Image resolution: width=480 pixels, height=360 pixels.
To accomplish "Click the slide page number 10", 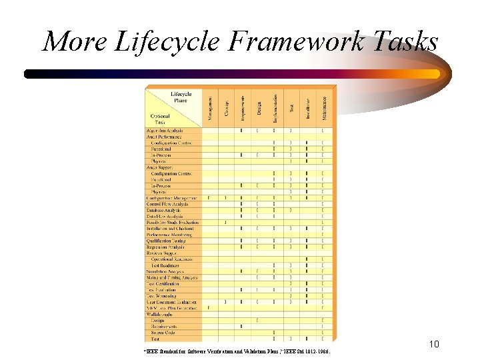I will click(433, 345).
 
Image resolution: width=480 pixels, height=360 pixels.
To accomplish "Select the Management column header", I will click(210, 107).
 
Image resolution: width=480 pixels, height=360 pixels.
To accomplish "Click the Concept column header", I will click(226, 107).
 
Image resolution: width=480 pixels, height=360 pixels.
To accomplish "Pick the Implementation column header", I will click(275, 107).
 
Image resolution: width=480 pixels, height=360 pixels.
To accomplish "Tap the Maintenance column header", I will click(324, 107).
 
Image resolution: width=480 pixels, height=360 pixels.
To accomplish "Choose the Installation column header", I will click(307, 107).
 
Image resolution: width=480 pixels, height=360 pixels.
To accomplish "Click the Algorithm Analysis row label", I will click(165, 131).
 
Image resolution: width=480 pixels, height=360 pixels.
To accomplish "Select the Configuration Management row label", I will click(171, 198).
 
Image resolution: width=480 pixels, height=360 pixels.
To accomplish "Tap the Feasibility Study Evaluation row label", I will click(173, 222).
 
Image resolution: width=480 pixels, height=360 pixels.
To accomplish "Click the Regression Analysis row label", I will click(165, 247).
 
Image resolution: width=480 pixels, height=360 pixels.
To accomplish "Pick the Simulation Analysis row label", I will click(165, 271).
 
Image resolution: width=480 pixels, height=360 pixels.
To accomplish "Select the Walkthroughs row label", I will click(160, 314).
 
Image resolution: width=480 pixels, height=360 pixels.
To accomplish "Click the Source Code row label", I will click(164, 333).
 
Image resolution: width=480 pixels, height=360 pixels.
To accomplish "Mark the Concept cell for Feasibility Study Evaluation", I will click(226, 222).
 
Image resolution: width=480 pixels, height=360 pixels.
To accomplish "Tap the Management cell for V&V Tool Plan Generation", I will click(210, 308).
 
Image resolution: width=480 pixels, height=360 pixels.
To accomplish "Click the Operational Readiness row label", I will click(171, 259).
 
